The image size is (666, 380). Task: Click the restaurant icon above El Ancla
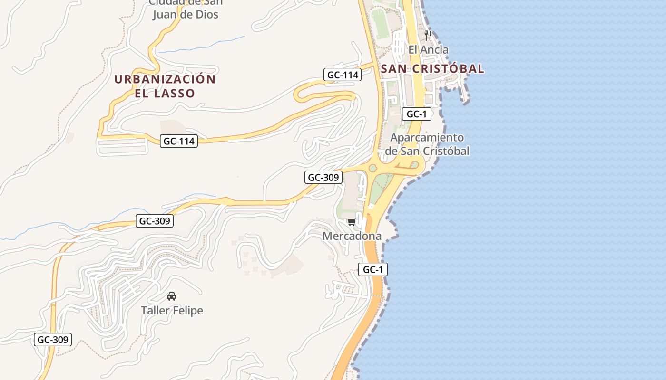pyautogui.click(x=428, y=35)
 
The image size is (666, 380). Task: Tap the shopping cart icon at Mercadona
pyautogui.click(x=352, y=222)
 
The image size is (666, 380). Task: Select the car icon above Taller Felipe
pyautogui.click(x=172, y=296)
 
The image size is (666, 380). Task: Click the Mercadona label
pyautogui.click(x=352, y=236)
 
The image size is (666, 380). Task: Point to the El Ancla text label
pyautogui.click(x=428, y=49)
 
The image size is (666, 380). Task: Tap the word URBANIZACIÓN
pyautogui.click(x=165, y=79)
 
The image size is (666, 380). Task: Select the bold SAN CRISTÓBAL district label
pyautogui.click(x=432, y=69)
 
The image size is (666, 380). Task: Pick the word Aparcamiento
pyautogui.click(x=427, y=138)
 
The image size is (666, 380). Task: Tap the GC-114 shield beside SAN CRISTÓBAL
pyautogui.click(x=343, y=75)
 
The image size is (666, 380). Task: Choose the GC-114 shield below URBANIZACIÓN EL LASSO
pyautogui.click(x=179, y=141)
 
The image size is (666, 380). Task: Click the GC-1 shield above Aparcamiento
pyautogui.click(x=417, y=114)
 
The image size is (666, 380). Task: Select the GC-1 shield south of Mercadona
pyautogui.click(x=373, y=270)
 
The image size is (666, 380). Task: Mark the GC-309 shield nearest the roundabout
pyautogui.click(x=323, y=178)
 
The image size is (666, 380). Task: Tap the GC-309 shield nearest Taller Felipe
pyautogui.click(x=155, y=221)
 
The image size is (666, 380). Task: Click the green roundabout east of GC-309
pyautogui.click(x=372, y=168)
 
